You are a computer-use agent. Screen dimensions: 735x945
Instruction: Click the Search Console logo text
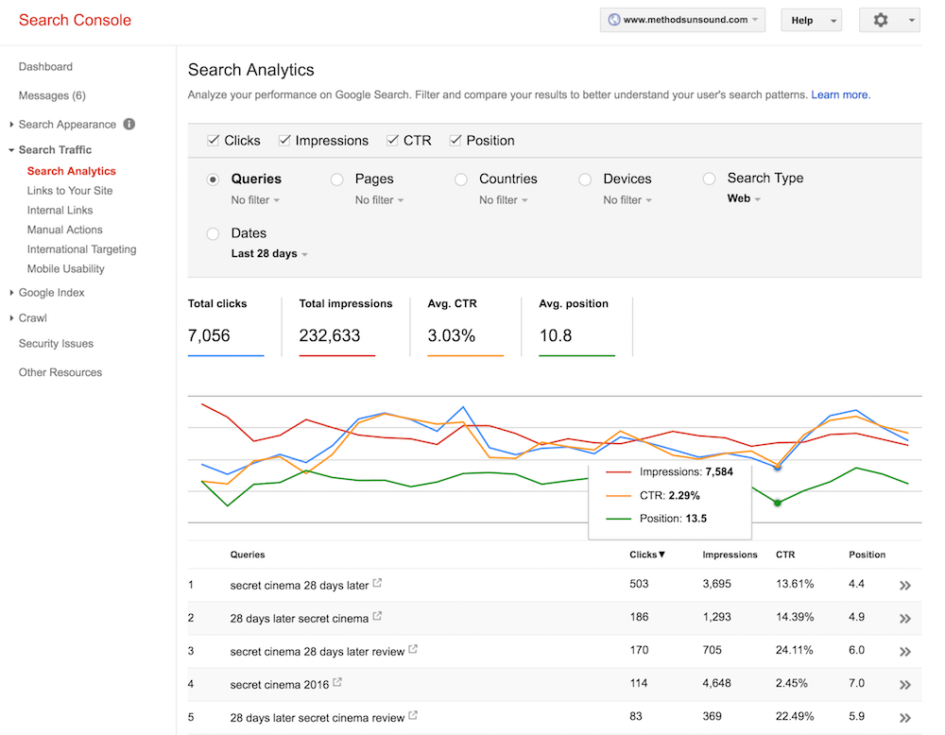click(75, 20)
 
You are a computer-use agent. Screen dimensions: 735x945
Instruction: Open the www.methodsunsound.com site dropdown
click(682, 20)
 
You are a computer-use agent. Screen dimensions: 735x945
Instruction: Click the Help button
click(810, 21)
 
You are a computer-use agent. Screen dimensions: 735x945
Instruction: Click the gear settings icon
click(881, 20)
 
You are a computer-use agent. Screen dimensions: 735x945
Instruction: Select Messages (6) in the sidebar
click(52, 95)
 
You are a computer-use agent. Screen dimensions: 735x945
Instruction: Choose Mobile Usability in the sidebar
click(65, 268)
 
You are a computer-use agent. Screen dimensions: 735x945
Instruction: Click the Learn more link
click(840, 94)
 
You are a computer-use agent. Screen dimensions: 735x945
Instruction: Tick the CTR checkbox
click(393, 141)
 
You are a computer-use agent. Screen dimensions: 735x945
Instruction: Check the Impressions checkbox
click(284, 141)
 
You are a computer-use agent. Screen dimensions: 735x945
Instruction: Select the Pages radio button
click(336, 179)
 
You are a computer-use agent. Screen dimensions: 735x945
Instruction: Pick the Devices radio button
click(585, 179)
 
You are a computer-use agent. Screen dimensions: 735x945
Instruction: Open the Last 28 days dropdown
click(268, 253)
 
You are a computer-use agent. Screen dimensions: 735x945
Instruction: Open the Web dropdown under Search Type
click(744, 199)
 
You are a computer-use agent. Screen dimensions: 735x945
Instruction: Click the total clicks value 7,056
click(209, 335)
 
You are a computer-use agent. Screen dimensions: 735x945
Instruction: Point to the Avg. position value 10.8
click(555, 335)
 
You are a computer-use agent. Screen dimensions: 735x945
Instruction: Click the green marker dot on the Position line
click(778, 503)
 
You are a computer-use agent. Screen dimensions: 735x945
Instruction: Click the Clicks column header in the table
click(647, 555)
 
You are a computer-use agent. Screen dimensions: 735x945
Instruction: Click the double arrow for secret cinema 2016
click(904, 684)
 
